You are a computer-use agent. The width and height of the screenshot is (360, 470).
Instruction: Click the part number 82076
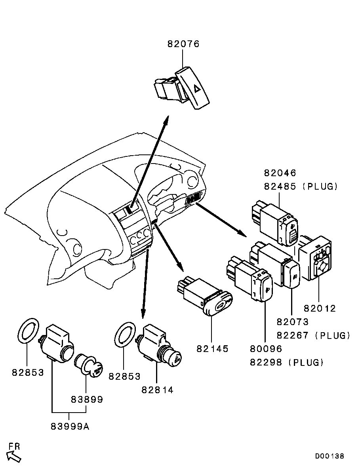(x=183, y=44)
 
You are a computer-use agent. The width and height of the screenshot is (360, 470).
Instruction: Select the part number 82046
(x=280, y=173)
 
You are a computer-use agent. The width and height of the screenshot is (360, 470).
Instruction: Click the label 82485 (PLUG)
(x=301, y=186)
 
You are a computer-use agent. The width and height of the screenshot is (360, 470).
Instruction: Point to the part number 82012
(x=320, y=308)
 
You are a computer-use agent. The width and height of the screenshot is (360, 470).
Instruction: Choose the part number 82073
(x=293, y=322)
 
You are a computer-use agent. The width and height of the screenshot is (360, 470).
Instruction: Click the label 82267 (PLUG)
(x=314, y=335)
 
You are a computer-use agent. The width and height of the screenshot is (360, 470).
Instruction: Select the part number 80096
(x=266, y=349)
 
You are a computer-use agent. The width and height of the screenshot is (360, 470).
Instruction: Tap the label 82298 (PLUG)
(x=287, y=362)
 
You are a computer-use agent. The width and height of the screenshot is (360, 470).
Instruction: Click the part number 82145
(x=212, y=349)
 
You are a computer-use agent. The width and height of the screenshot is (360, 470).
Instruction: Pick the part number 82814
(x=157, y=390)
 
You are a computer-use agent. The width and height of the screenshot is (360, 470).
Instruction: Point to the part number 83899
(x=87, y=400)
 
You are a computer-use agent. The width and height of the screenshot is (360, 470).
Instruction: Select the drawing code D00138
(x=330, y=457)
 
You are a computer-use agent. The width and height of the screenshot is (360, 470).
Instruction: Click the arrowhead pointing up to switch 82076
(x=168, y=119)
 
